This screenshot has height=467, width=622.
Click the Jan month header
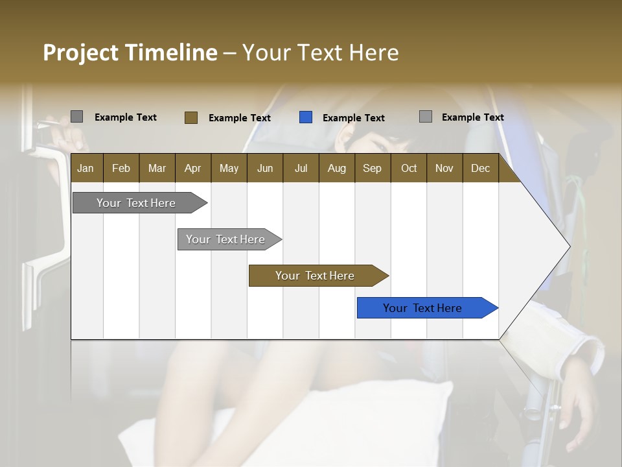click(86, 168)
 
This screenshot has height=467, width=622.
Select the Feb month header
click(121, 168)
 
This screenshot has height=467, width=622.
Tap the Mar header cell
click(157, 168)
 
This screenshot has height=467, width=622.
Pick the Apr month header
click(193, 168)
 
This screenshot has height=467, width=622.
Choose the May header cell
click(229, 168)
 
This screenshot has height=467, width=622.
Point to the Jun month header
click(265, 168)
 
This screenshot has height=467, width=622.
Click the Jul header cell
click(301, 168)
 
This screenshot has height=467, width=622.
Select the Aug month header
click(337, 168)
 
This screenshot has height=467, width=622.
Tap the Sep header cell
click(373, 168)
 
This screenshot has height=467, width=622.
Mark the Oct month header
click(409, 168)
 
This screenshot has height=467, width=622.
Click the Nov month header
click(444, 168)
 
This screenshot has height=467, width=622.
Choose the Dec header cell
click(481, 168)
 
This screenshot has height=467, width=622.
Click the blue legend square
click(306, 117)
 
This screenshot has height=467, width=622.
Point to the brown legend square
click(191, 117)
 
